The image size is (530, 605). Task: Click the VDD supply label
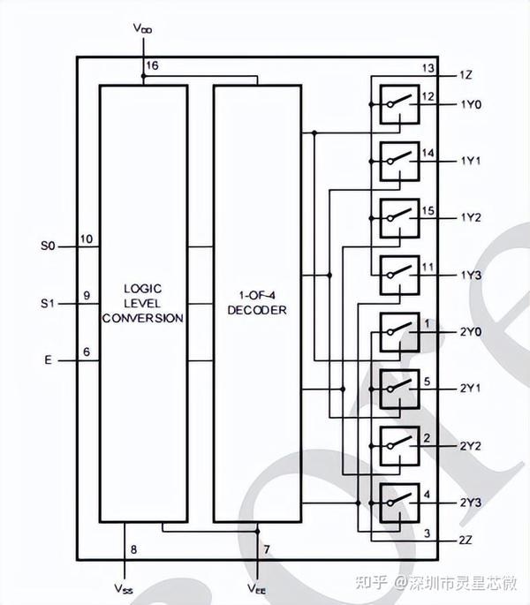tap(143, 28)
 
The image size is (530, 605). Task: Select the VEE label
tap(257, 587)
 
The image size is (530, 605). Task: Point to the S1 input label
tap(49, 303)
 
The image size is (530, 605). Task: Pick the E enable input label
tap(48, 360)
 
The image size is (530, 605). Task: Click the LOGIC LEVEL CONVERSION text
tap(143, 303)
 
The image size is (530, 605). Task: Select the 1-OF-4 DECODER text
tap(257, 303)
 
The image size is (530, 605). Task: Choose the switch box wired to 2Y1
tap(398, 389)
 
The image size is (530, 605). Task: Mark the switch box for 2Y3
tap(398, 503)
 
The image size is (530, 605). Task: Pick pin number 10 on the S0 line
tap(87, 238)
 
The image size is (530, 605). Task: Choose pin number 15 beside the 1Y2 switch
tap(428, 210)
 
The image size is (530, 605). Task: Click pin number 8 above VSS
tap(133, 550)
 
